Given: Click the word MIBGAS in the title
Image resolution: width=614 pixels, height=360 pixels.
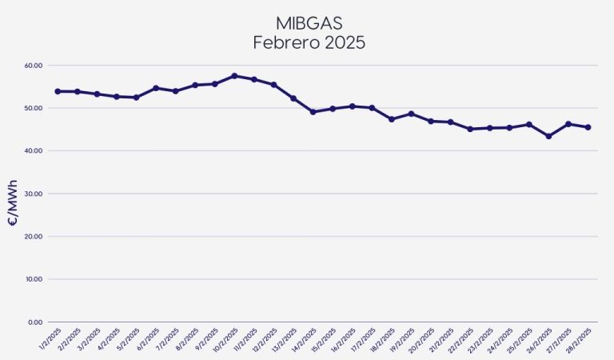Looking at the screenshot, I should coord(309,21).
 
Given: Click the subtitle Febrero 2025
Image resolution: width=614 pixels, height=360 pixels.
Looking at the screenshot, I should coord(309,42).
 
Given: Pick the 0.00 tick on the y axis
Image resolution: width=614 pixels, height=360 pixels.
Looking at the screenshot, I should coord(34,322).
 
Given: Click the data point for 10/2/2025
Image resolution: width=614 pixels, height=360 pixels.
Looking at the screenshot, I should coord(234,76).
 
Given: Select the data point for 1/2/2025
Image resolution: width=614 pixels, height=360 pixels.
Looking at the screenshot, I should coord(58,91).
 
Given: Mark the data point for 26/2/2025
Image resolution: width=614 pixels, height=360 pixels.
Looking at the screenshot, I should coord(548,136).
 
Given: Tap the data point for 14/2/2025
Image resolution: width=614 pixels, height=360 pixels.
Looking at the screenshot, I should coord(313,112).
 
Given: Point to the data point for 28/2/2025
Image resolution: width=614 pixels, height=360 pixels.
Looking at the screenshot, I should coord(588,127).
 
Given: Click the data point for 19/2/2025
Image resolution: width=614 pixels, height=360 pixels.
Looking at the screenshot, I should coord(411,114).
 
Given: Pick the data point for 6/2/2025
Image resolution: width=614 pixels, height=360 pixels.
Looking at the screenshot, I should coord(156,88).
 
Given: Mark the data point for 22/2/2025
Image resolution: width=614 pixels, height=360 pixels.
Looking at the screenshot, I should coord(470,129).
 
